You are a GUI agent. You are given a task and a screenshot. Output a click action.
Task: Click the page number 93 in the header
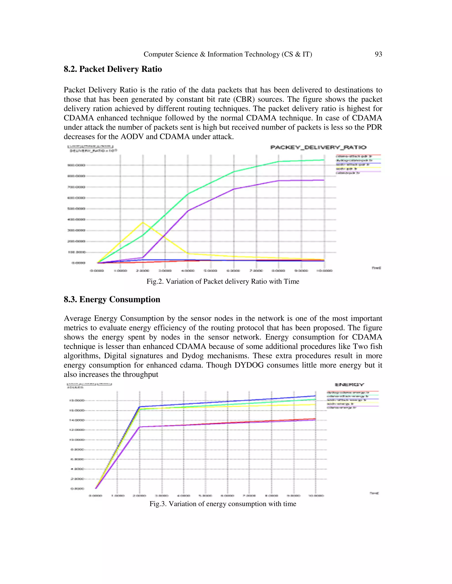[x=378, y=54]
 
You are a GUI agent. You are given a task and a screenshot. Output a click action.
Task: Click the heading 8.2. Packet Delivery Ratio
[x=113, y=69]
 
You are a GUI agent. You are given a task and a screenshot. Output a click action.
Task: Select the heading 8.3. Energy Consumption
[x=112, y=299]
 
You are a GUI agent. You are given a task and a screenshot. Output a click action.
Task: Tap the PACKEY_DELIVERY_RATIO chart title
[x=318, y=147]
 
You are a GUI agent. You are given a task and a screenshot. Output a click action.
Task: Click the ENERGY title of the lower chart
[x=349, y=385]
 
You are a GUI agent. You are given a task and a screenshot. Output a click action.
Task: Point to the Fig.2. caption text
[x=222, y=281]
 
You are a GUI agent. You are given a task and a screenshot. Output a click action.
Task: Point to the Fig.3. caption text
[x=222, y=504]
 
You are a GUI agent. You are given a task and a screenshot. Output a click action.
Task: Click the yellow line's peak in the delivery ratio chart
[x=143, y=223]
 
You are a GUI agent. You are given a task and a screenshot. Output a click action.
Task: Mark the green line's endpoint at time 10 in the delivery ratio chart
[x=324, y=160]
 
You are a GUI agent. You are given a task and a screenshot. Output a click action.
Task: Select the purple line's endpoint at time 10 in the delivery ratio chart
[x=324, y=180]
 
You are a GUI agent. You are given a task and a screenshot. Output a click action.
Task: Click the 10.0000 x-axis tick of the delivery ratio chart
[x=324, y=271]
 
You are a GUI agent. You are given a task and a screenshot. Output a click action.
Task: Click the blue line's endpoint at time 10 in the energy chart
[x=315, y=396]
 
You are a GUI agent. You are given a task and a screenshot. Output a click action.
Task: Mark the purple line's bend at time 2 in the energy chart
[x=139, y=427]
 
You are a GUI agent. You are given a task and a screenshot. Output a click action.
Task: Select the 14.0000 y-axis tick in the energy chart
[x=77, y=420]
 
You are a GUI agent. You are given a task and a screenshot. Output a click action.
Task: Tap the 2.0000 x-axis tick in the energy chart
[x=139, y=495]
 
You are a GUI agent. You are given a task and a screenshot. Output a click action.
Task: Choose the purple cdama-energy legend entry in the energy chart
[x=341, y=407]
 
